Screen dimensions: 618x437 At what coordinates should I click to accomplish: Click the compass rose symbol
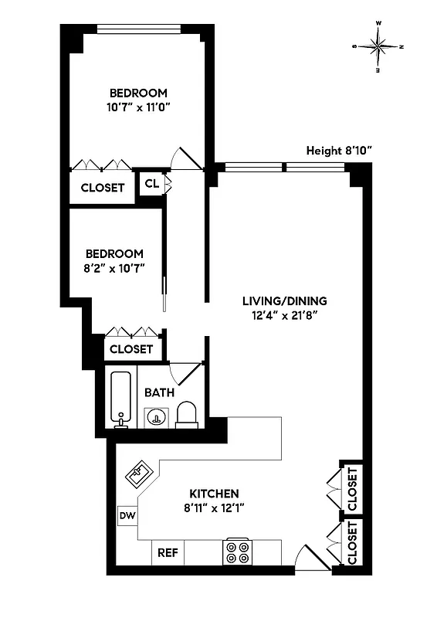point(378,46)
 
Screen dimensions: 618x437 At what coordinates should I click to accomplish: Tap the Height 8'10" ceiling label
point(340,151)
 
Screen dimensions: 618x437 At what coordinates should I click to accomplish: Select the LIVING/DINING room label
point(285,301)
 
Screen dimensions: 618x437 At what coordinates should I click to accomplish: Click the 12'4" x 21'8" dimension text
point(285,315)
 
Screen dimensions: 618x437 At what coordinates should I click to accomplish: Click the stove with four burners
point(237,552)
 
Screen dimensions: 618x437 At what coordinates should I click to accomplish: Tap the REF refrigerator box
point(168,553)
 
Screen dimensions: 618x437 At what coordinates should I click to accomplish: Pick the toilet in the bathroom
point(188,415)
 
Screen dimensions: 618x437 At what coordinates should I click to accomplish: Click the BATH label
point(158,392)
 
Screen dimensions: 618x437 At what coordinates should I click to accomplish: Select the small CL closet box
point(151,184)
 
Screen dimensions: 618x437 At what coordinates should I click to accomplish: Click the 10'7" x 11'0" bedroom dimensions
point(137,108)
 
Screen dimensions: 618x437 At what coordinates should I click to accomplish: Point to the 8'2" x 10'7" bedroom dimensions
point(114,267)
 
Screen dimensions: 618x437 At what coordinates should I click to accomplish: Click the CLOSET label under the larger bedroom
point(103,188)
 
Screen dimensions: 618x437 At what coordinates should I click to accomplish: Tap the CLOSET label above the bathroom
point(131,349)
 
